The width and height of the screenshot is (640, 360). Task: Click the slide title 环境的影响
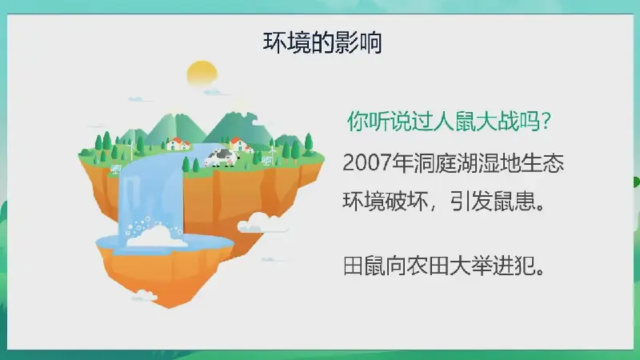pos(322,42)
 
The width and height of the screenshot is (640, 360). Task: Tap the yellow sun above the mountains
pos(202,74)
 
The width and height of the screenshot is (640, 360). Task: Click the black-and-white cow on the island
pos(221,158)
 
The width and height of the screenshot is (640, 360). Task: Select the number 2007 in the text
pos(366,162)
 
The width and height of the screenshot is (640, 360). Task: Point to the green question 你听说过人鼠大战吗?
pos(449,121)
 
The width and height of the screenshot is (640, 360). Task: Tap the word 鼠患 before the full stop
pos(514,201)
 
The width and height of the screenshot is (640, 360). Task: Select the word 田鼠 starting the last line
pos(364,266)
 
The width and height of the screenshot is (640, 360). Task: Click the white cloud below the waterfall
pos(156,237)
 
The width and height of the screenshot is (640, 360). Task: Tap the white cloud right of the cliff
pos(262,223)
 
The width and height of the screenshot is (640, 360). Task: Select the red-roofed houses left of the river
pos(178,144)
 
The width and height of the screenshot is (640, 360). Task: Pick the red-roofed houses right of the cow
pos(241,145)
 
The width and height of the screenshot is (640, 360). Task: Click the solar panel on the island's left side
pos(116,169)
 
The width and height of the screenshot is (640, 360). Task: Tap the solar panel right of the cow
pos(267,160)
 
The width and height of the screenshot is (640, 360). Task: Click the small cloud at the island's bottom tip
pos(144,295)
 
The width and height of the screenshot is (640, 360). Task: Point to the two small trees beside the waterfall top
pos(190,165)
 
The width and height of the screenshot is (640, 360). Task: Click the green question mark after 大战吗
pos(547,122)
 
